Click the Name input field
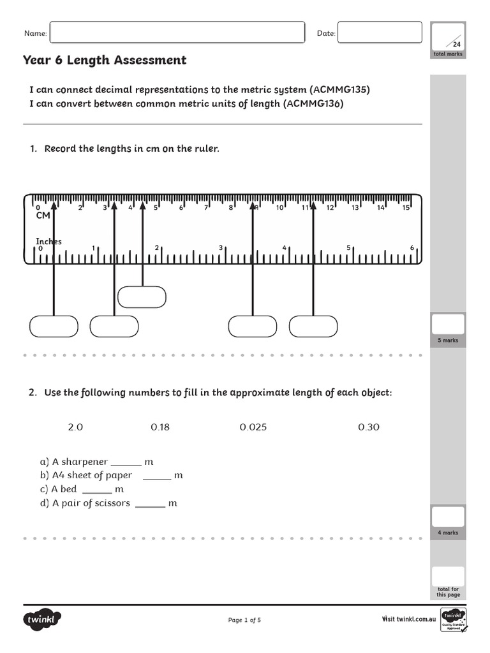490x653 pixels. coord(177,33)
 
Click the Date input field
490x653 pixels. coord(379,33)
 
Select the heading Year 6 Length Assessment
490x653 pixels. coord(105,61)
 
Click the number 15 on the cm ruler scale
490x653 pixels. coord(406,207)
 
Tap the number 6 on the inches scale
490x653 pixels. coord(412,248)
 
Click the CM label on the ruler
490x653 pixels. coord(43,216)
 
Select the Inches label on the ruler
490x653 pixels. coord(48,241)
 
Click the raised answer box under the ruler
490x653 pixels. coord(142,297)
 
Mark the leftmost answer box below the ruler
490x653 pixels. coord(54,326)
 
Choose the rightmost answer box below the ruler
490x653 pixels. coord(313,326)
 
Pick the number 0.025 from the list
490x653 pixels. coord(253,427)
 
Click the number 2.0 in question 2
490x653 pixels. coord(75,427)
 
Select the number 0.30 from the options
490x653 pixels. coord(368,427)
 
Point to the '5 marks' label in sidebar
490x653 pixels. coord(448,341)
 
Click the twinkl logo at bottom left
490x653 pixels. coord(42,619)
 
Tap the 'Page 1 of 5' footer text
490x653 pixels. coord(244,620)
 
